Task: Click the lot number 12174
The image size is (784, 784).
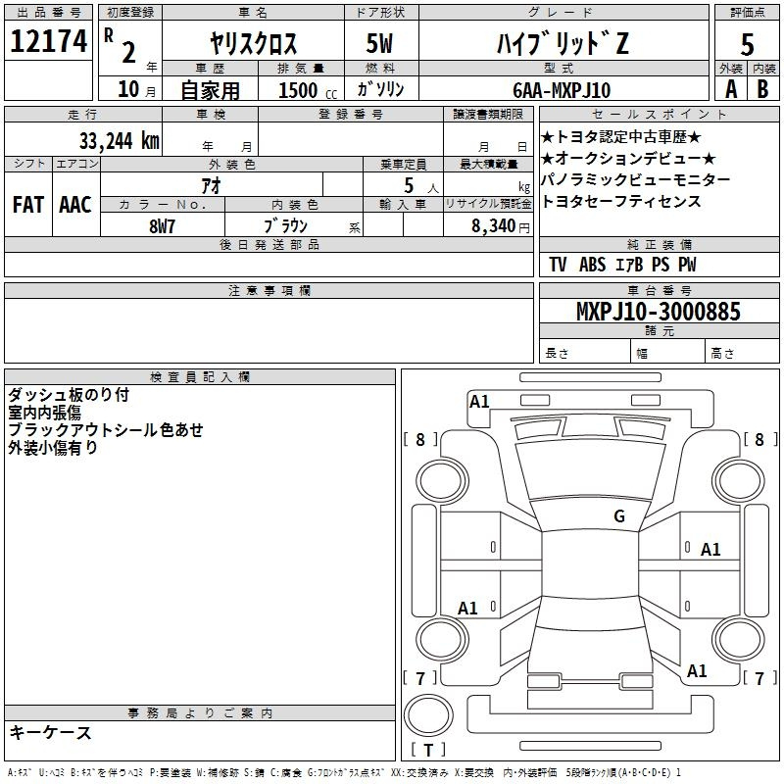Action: coord(48,41)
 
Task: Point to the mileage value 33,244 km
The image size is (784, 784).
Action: coord(119,139)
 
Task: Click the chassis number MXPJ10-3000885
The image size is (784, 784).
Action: coord(658,313)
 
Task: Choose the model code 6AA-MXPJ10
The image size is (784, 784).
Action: coord(562,90)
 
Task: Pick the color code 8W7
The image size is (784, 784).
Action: coord(162,224)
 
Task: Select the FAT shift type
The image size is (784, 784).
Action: coord(27,205)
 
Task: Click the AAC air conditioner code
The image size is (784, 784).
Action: coord(74,205)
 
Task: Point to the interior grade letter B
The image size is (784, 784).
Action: coord(762,89)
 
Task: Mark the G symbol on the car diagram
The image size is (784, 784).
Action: coord(618,516)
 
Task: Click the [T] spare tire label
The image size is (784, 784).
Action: coord(428,751)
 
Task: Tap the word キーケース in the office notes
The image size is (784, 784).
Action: coord(50,732)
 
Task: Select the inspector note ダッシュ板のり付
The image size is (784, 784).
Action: coord(68,395)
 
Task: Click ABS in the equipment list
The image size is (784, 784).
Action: coord(592,265)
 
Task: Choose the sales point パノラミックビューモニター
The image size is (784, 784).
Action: coord(635,180)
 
